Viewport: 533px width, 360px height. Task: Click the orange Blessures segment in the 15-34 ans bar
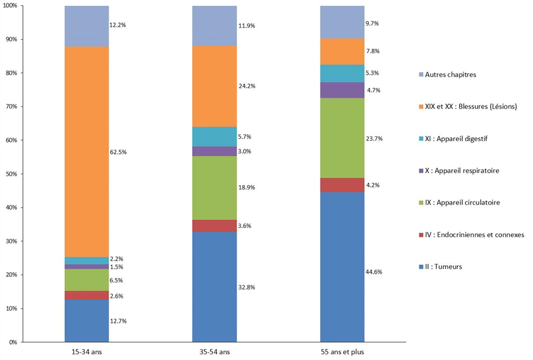click(x=86, y=152)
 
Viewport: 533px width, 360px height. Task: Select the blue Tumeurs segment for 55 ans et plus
click(x=342, y=267)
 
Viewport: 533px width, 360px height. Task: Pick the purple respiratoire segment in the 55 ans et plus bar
click(x=342, y=90)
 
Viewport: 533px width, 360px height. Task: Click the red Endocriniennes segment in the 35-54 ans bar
click(x=214, y=226)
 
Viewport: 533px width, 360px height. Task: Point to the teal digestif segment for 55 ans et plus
click(x=342, y=73)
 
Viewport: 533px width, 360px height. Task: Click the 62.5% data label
click(x=118, y=152)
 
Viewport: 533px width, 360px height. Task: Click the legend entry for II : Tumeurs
click(x=441, y=266)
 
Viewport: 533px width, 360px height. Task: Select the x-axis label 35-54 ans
click(x=214, y=352)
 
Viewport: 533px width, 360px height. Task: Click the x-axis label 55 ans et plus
click(x=342, y=352)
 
